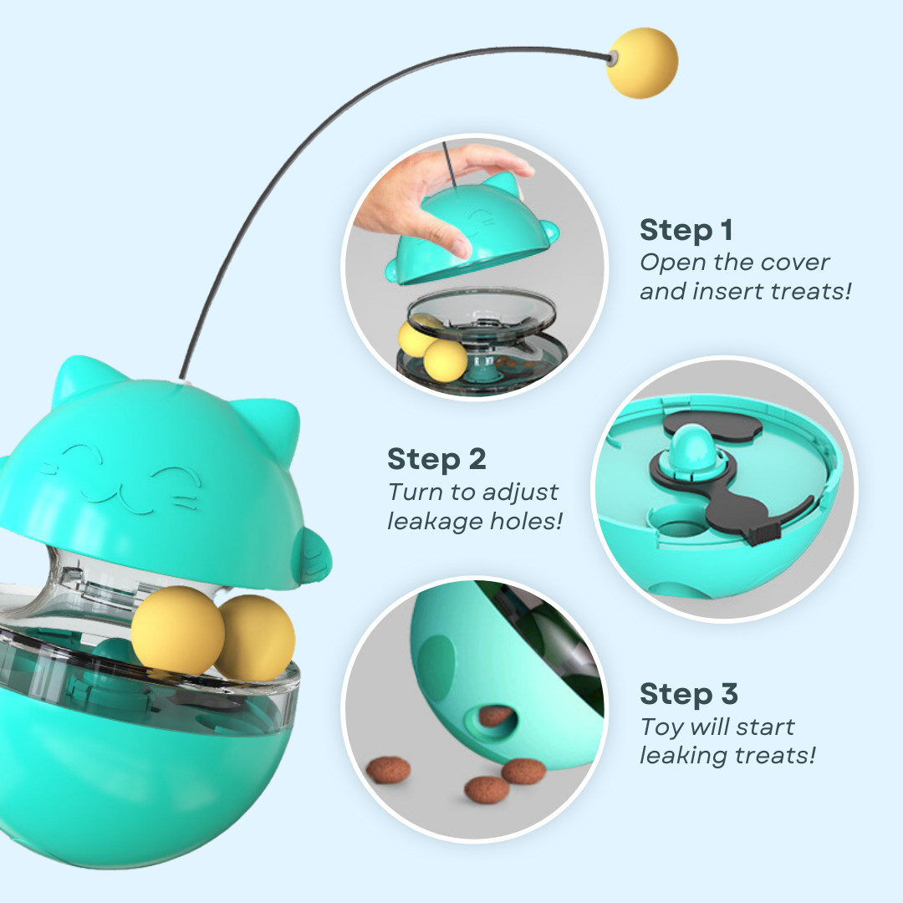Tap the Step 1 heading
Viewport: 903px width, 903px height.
click(687, 229)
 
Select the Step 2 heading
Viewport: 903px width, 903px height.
click(436, 459)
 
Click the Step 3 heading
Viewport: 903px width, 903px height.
click(689, 694)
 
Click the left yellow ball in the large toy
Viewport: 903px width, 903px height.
click(177, 628)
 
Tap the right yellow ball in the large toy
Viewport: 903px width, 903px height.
click(255, 636)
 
